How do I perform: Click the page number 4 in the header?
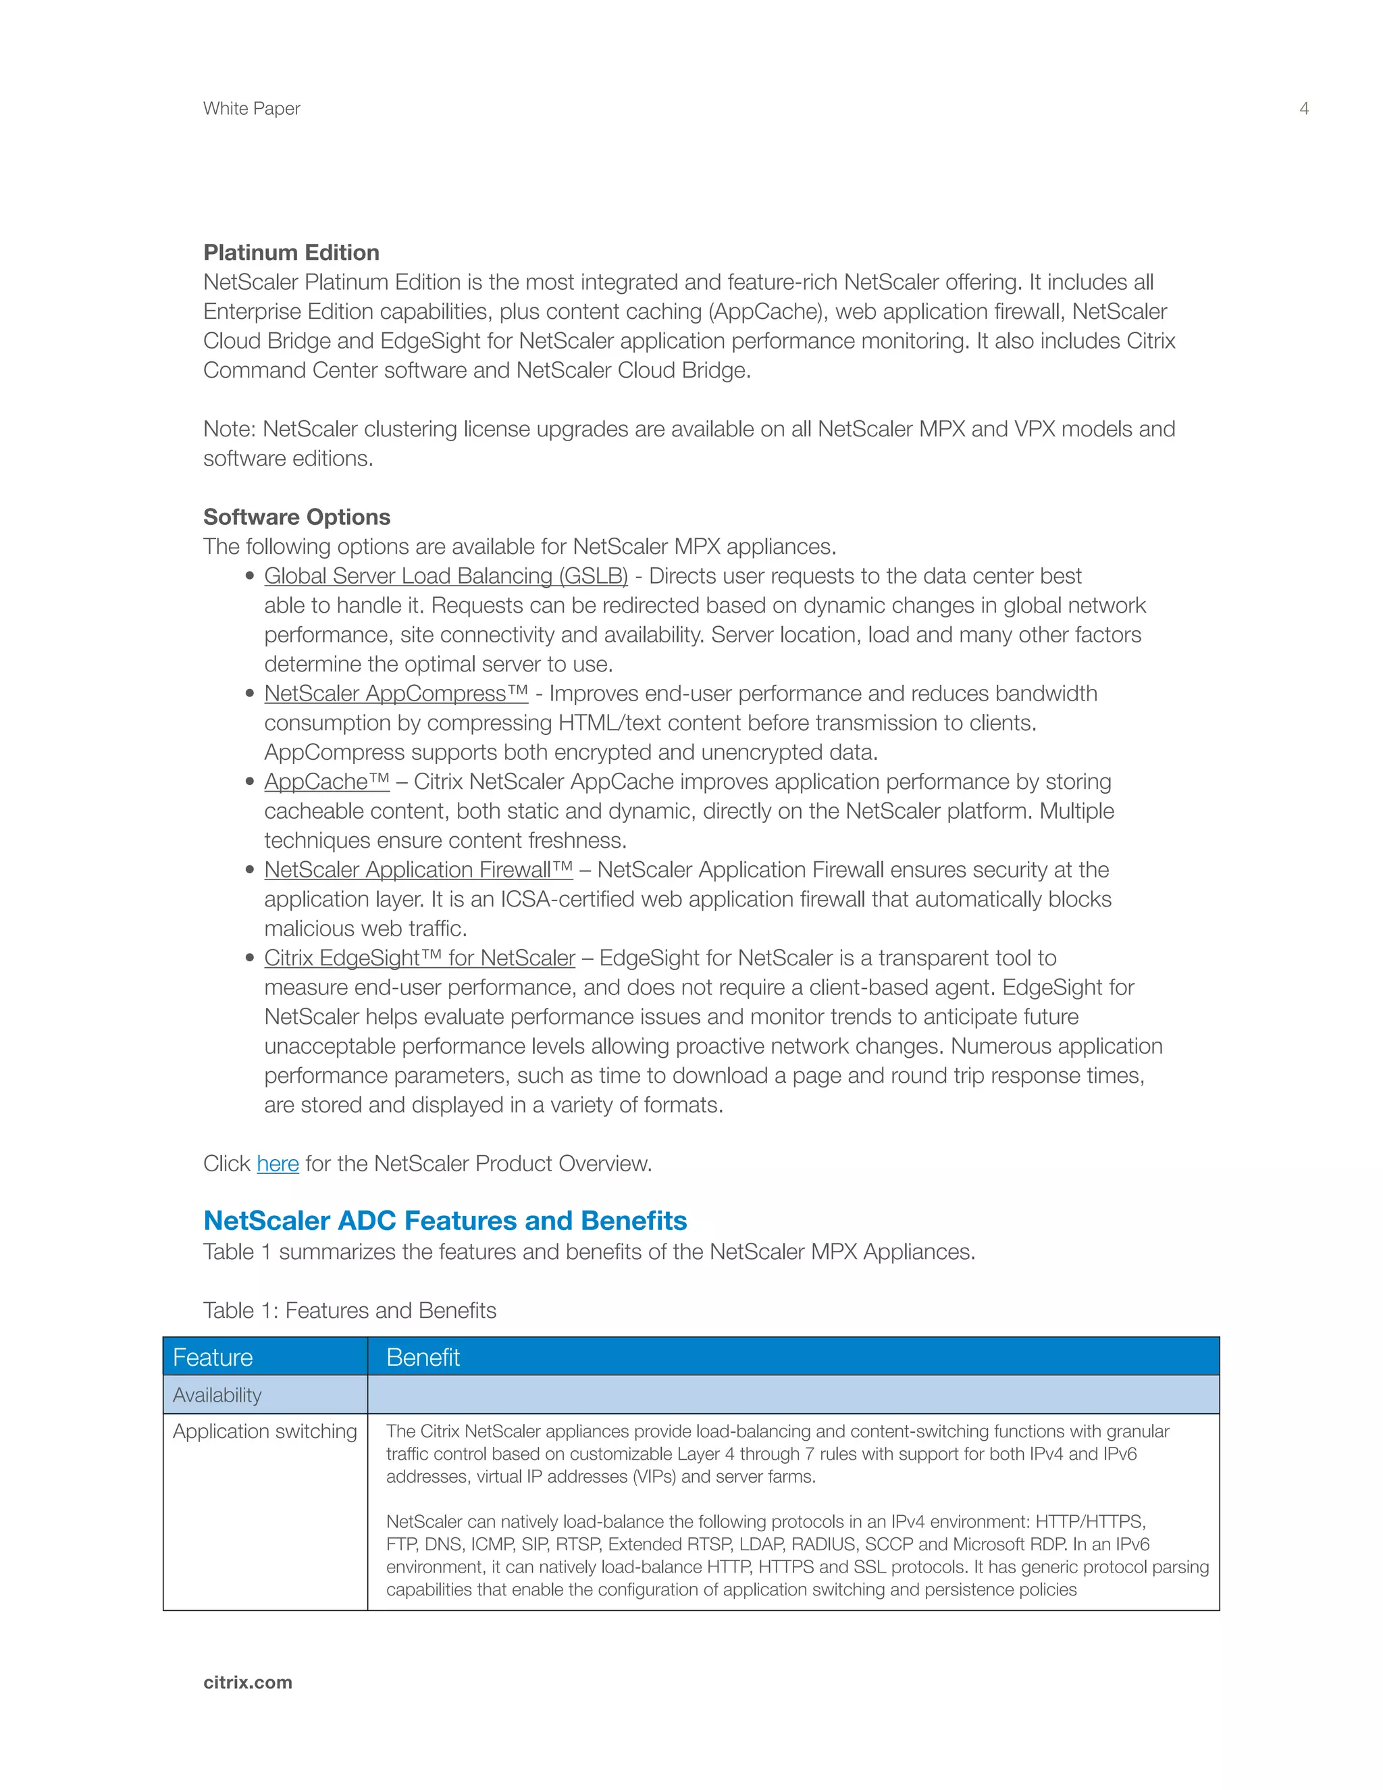[1303, 108]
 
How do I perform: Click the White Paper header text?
[251, 108]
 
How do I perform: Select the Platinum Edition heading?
[291, 253]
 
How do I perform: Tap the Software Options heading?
[296, 517]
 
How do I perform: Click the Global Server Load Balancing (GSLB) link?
[446, 576]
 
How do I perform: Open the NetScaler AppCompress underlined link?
[396, 694]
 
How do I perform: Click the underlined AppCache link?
[326, 782]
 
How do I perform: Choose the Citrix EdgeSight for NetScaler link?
[419, 958]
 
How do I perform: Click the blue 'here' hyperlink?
[278, 1164]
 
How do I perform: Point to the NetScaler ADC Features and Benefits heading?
[445, 1221]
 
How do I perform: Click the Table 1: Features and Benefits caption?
[350, 1310]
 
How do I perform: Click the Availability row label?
[217, 1395]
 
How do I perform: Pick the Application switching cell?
[265, 1431]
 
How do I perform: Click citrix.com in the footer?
[247, 1682]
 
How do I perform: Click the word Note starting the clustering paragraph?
[229, 430]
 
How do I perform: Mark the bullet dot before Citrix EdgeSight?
[250, 958]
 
